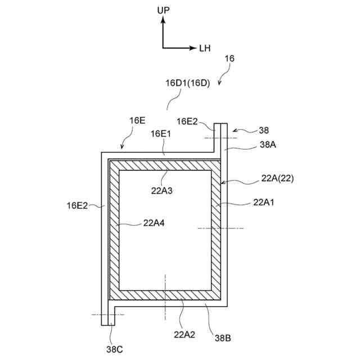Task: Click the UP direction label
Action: pyautogui.click(x=163, y=10)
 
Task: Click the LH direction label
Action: pyautogui.click(x=205, y=48)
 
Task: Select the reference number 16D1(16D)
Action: pyautogui.click(x=187, y=83)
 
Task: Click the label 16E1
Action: pyautogui.click(x=161, y=133)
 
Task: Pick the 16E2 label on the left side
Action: pyautogui.click(x=78, y=206)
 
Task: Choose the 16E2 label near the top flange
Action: pyautogui.click(x=187, y=121)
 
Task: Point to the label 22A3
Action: pyautogui.click(x=161, y=190)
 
